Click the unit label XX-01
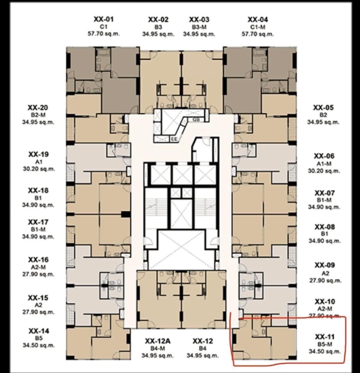[104, 19]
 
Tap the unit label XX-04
[258, 19]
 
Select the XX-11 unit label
[325, 337]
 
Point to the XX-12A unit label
[158, 341]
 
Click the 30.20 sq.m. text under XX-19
[39, 169]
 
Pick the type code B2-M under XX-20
[38, 115]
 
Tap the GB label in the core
[196, 120]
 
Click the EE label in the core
[174, 140]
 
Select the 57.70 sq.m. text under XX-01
[104, 34]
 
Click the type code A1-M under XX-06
[324, 164]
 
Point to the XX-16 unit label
[38, 259]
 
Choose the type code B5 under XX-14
[39, 338]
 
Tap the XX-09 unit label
[325, 265]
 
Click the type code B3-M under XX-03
[199, 27]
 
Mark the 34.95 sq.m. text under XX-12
[203, 356]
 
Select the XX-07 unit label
[324, 193]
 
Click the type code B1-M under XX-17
[38, 230]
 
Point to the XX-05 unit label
[323, 108]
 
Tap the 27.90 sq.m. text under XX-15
[38, 312]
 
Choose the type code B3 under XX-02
[158, 27]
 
